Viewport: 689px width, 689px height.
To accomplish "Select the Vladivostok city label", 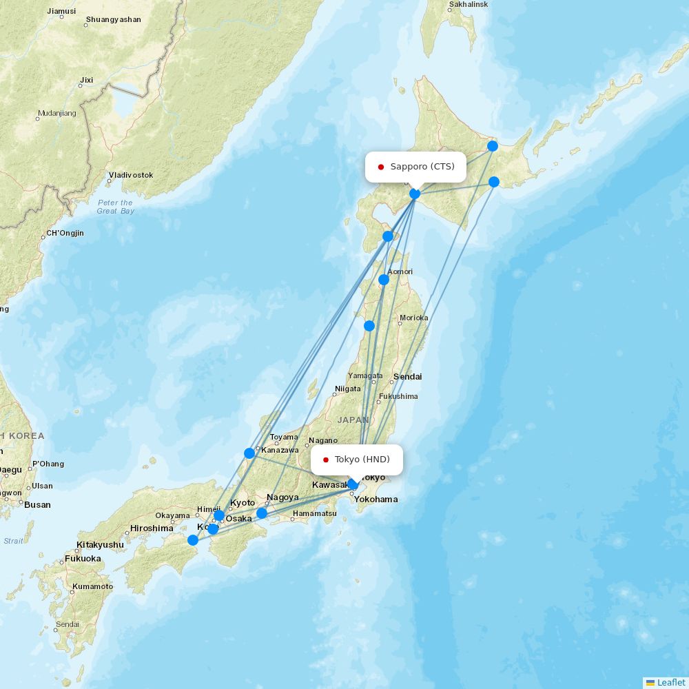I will click(130, 175).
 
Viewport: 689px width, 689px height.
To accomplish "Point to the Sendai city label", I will click(407, 377).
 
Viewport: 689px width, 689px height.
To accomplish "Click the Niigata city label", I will click(347, 389).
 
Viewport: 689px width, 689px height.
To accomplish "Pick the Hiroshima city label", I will click(152, 528).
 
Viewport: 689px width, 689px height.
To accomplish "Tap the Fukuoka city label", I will click(83, 559).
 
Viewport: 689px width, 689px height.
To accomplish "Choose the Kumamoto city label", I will click(92, 586).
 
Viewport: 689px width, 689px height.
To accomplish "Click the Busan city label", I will click(37, 504).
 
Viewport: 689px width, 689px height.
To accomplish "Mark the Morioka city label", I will click(413, 318).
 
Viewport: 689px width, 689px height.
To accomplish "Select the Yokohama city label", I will click(376, 499).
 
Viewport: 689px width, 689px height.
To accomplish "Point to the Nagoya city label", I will click(282, 497).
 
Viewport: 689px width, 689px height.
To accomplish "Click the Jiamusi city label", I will click(62, 11).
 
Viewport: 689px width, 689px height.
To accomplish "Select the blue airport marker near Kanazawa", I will click(249, 453).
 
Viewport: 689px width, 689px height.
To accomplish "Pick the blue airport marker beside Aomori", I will click(384, 280).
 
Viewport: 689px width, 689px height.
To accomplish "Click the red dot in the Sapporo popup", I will click(380, 167).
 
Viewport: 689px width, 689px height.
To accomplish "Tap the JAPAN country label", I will click(353, 420).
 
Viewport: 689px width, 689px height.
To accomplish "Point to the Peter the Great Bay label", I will click(115, 207).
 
